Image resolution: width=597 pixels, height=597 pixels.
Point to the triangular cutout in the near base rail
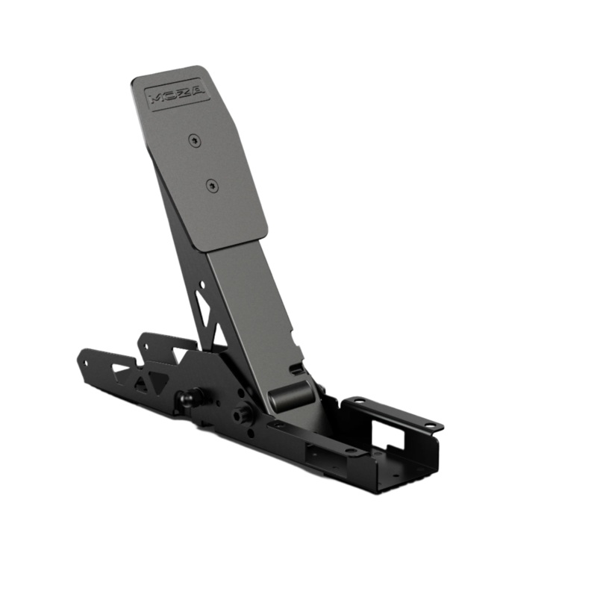142,384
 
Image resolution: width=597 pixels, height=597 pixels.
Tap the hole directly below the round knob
248,431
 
